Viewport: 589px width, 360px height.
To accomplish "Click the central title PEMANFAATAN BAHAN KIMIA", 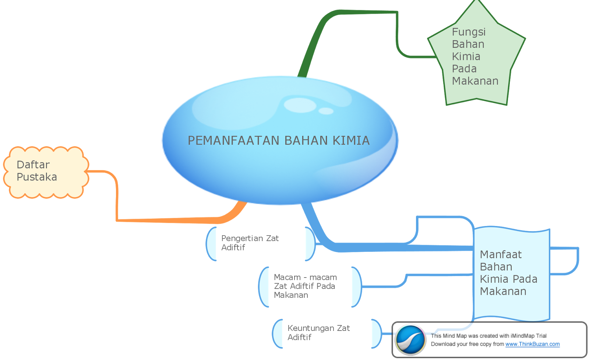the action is tap(279, 140).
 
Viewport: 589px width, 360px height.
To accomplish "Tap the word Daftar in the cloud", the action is tap(33, 165).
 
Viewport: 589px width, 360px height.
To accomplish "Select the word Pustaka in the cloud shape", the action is tap(37, 177).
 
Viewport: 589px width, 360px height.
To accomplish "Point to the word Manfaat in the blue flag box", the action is tap(501, 254).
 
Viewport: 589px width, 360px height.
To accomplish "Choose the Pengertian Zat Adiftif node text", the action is tap(250, 243).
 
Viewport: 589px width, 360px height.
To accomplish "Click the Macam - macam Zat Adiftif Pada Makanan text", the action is tap(305, 286).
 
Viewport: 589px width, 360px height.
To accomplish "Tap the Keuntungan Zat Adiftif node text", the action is tap(319, 333).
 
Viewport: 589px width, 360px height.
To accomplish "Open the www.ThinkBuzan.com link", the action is tap(532, 344).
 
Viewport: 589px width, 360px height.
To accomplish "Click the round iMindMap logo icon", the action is tap(410, 340).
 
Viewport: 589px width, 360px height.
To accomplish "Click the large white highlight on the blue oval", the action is tap(300, 105).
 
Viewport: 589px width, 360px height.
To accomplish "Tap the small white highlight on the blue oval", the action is tap(326, 111).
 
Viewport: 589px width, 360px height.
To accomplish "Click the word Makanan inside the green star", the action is tap(475, 81).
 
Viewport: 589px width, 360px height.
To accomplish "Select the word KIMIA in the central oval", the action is tap(351, 140).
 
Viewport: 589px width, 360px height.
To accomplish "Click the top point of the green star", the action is tap(477, 0).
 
